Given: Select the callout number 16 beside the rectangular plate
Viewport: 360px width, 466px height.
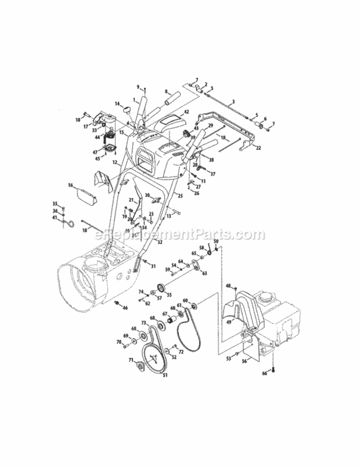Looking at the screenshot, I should click(x=71, y=185).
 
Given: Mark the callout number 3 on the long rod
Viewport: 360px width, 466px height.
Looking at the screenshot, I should click(x=233, y=101).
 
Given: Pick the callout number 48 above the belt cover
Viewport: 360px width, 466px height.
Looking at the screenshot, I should click(x=228, y=286).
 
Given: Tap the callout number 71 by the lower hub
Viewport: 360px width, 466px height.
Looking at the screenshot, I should click(x=131, y=360).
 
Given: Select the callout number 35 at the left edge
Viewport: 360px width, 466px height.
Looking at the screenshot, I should click(x=54, y=204).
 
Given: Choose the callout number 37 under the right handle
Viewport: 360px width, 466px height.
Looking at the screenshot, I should click(x=212, y=173).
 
